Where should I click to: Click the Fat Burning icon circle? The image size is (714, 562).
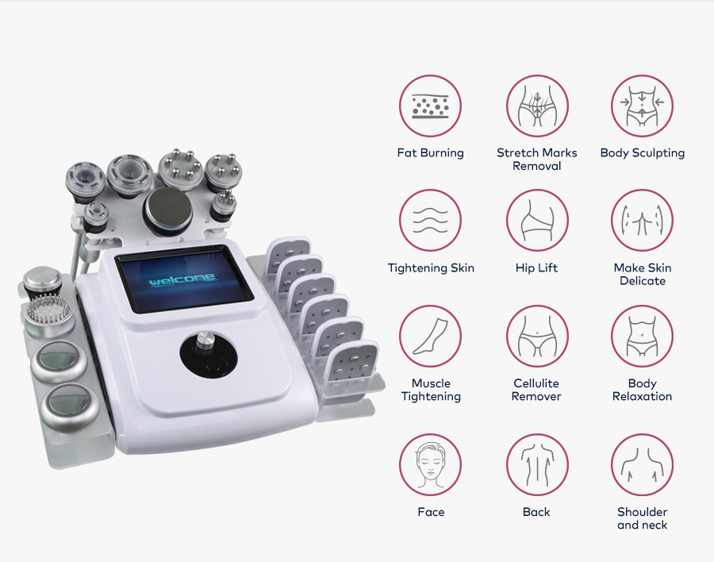click(x=431, y=106)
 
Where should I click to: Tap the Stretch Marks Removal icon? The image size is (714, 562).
click(x=537, y=106)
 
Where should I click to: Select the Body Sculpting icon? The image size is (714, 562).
click(x=642, y=106)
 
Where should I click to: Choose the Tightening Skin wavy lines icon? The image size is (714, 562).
click(x=431, y=220)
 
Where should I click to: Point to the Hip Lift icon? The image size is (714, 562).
click(x=537, y=220)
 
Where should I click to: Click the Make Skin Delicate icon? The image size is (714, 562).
click(x=642, y=220)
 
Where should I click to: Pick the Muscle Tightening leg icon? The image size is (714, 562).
click(x=431, y=336)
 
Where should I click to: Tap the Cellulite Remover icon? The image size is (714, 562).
click(x=537, y=336)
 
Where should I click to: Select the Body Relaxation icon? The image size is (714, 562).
click(x=642, y=336)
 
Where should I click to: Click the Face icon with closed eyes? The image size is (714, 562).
click(x=431, y=465)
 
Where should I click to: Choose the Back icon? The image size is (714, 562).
click(x=537, y=465)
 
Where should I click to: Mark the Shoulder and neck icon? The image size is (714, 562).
click(x=642, y=465)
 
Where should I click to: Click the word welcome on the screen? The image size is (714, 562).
click(x=182, y=279)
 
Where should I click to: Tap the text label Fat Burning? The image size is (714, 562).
click(x=431, y=152)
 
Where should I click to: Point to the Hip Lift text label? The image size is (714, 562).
click(x=537, y=268)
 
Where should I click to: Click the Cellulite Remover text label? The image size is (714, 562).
click(x=537, y=390)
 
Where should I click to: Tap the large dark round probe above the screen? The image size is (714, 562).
click(x=167, y=210)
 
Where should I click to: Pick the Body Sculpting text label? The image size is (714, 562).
click(x=642, y=152)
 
